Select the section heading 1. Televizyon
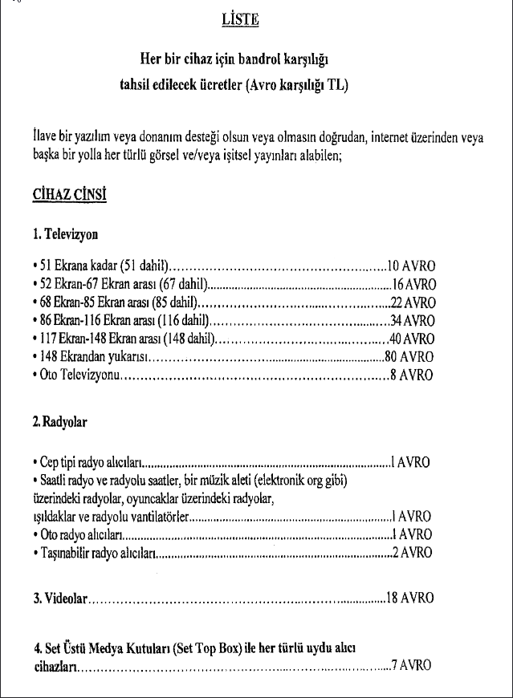coord(65,237)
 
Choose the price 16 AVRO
coord(413,284)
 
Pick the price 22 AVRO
coord(413,302)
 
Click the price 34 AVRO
coord(413,321)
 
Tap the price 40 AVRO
coord(413,339)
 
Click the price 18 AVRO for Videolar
coord(410,598)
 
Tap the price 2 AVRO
coord(413,551)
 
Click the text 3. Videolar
coord(59,598)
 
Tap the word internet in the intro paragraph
coord(387,137)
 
